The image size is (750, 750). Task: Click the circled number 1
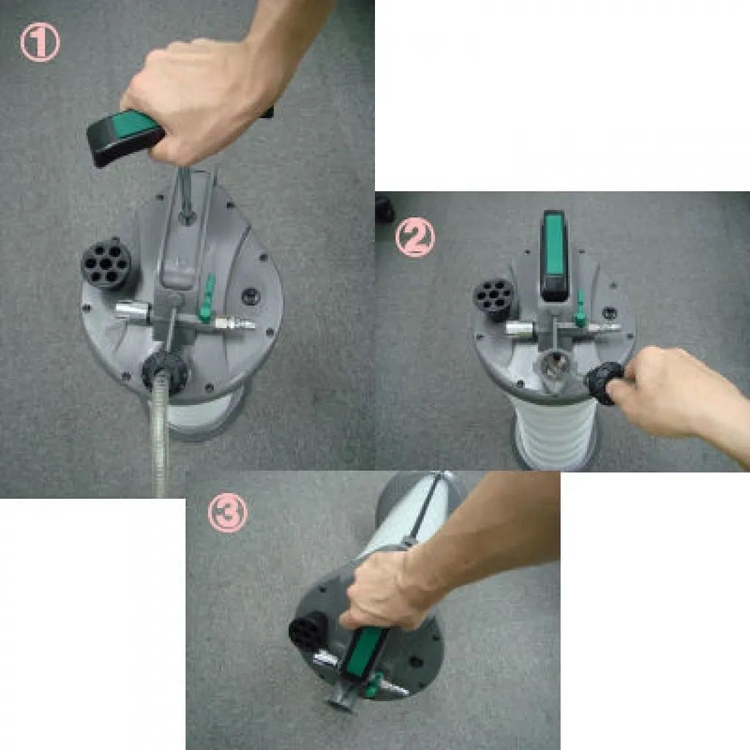[40, 42]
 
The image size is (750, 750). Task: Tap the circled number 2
[415, 238]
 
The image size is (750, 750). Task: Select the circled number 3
[228, 513]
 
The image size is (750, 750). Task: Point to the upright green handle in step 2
[554, 256]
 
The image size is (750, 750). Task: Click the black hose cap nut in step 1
[165, 371]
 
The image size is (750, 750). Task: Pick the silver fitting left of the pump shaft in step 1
[133, 311]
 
